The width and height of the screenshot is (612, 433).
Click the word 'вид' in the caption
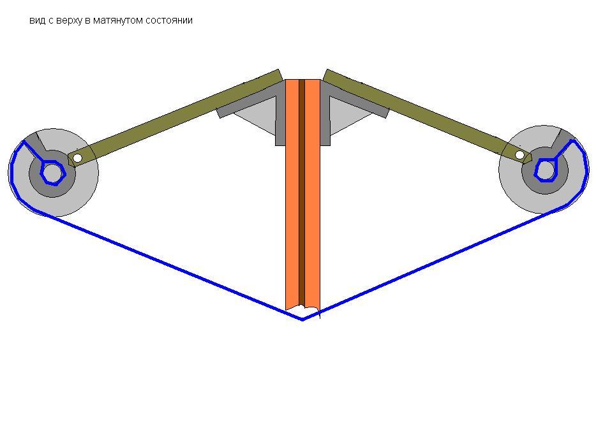click(x=37, y=20)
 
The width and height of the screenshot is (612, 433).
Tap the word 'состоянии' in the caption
click(x=169, y=20)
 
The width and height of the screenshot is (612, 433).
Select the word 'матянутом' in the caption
click(x=118, y=20)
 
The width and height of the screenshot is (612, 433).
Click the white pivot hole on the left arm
click(x=77, y=158)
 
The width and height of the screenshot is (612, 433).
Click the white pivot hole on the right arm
click(x=519, y=155)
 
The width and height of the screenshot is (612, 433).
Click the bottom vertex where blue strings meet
click(x=303, y=320)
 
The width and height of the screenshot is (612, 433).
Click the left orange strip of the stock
click(x=292, y=194)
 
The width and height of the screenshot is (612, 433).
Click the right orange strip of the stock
click(x=312, y=194)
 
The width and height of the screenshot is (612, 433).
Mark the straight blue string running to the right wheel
click(x=435, y=263)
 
